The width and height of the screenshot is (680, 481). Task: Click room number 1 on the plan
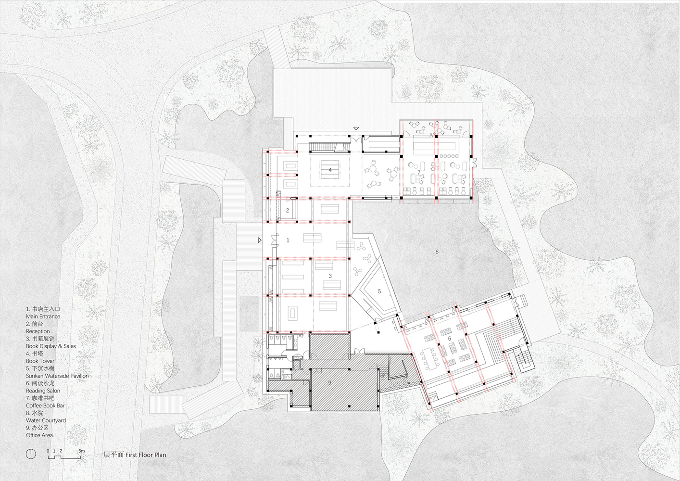click(x=288, y=240)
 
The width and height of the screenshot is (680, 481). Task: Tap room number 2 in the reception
click(x=287, y=210)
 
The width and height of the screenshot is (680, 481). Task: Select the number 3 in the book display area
click(x=330, y=276)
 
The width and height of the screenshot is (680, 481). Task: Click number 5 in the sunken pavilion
click(x=379, y=291)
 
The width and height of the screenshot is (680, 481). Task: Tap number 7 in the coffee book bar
click(x=418, y=173)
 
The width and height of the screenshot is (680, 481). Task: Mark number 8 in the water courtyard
click(x=437, y=252)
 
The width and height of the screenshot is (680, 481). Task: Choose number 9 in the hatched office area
click(x=330, y=382)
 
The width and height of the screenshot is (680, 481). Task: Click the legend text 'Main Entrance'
click(x=43, y=316)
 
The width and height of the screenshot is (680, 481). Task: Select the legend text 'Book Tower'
click(x=40, y=361)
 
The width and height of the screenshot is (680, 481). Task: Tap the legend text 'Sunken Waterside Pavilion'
click(x=57, y=376)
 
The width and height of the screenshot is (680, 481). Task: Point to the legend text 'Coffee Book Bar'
click(x=46, y=405)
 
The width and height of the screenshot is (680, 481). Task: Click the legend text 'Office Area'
click(x=39, y=435)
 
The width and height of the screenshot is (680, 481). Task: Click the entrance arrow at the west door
click(x=260, y=240)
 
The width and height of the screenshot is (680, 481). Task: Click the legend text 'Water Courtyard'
click(x=46, y=420)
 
